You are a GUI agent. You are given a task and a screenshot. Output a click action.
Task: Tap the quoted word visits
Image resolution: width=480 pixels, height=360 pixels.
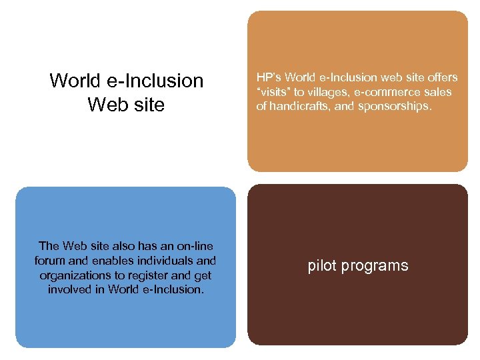[274, 92]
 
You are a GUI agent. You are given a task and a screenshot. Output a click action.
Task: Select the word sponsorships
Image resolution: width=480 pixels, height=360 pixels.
[397, 105]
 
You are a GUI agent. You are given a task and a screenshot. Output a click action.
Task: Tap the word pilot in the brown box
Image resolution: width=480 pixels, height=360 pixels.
[321, 265]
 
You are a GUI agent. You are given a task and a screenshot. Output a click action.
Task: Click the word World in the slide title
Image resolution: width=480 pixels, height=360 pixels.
[77, 81]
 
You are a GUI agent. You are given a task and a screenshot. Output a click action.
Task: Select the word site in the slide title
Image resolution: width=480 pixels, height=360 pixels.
[149, 105]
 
